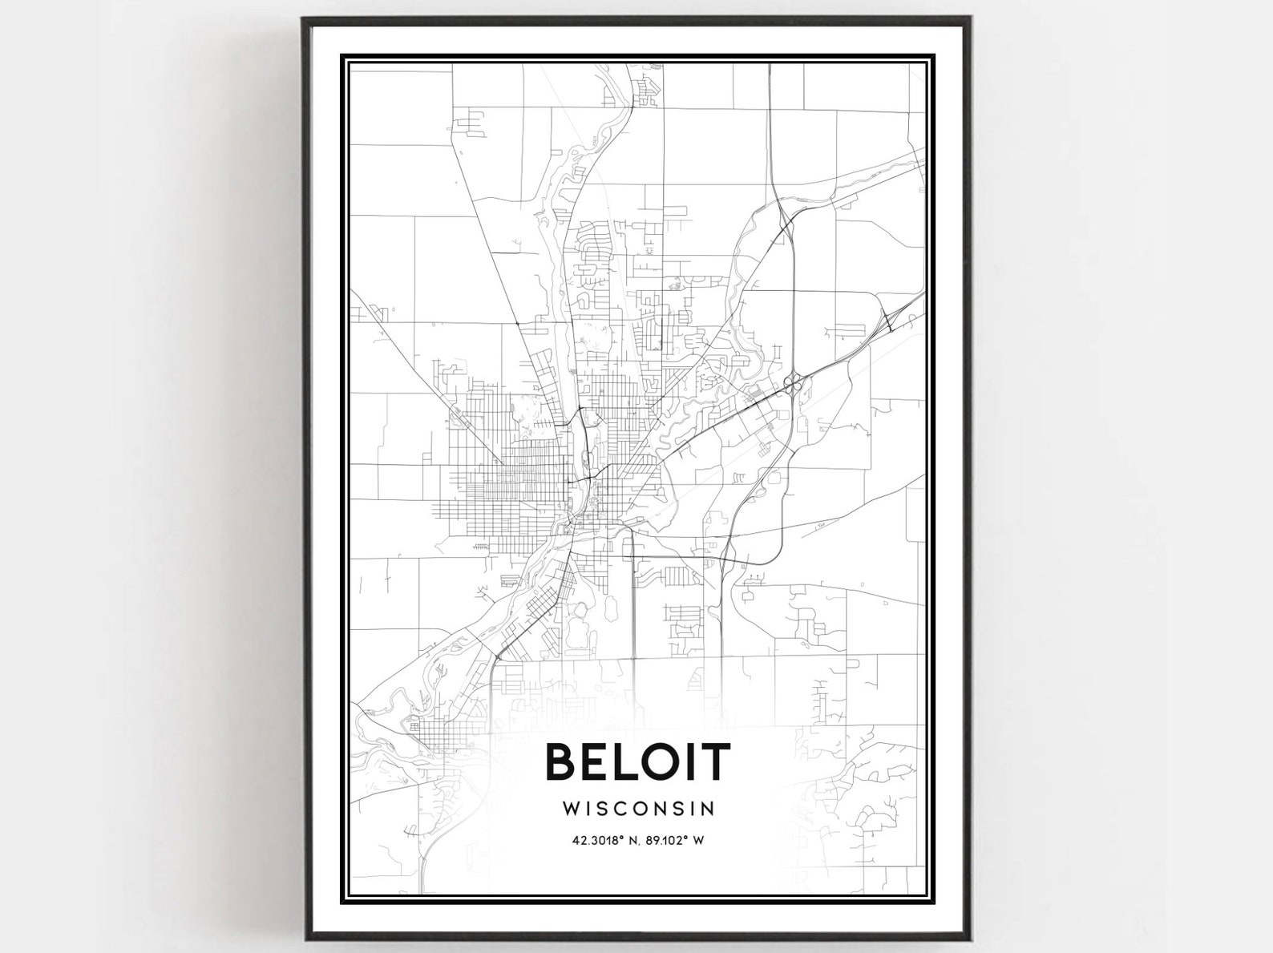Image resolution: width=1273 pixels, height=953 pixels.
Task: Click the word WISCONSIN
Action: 638,807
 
